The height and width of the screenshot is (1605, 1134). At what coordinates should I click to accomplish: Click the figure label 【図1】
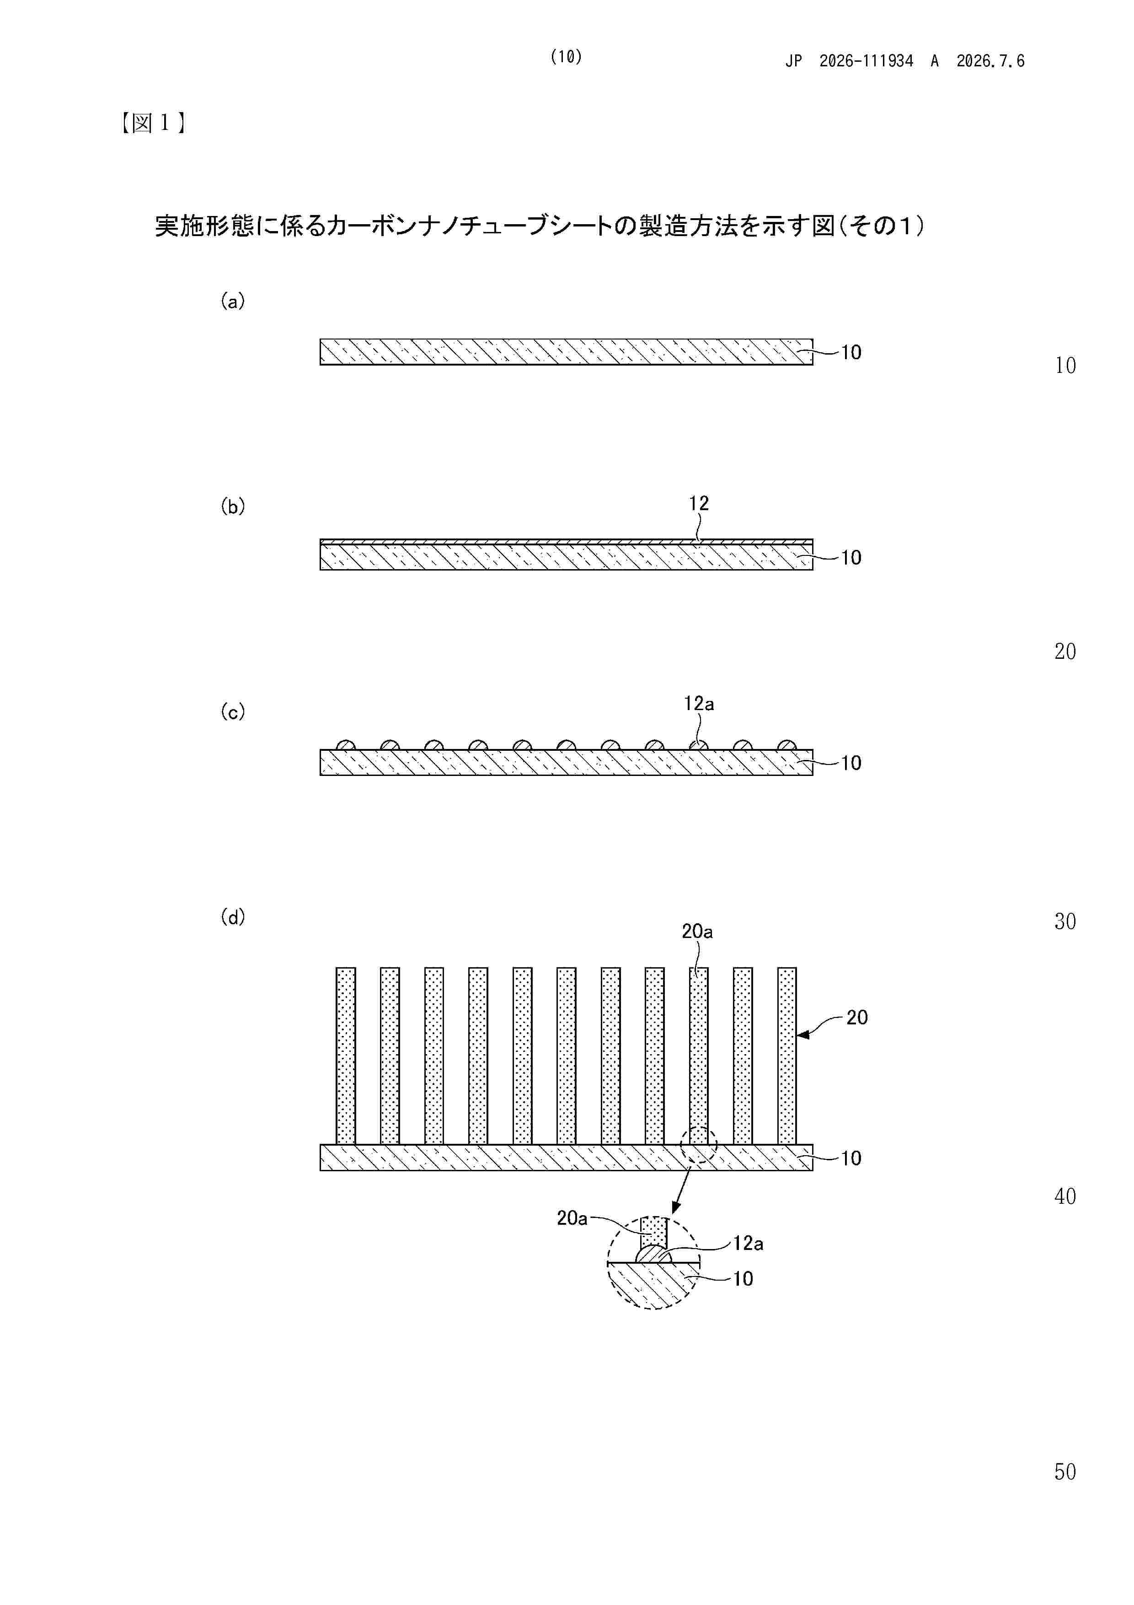[x=152, y=124]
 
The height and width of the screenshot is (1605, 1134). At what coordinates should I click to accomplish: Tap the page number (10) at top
[x=566, y=57]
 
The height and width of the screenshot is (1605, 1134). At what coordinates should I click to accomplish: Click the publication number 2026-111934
[x=866, y=61]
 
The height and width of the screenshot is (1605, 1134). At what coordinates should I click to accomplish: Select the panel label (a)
[x=233, y=302]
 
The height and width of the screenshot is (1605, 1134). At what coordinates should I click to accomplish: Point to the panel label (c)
[x=233, y=711]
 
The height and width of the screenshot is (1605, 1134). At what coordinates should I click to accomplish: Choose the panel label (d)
[x=233, y=916]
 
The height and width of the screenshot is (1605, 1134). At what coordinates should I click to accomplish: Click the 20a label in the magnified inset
[x=572, y=1218]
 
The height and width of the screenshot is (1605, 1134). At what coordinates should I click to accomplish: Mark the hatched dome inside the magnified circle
[x=653, y=1255]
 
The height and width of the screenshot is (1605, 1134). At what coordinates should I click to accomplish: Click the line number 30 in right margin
[x=1065, y=921]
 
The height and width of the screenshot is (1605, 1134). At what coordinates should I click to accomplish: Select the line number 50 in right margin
[x=1065, y=1471]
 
